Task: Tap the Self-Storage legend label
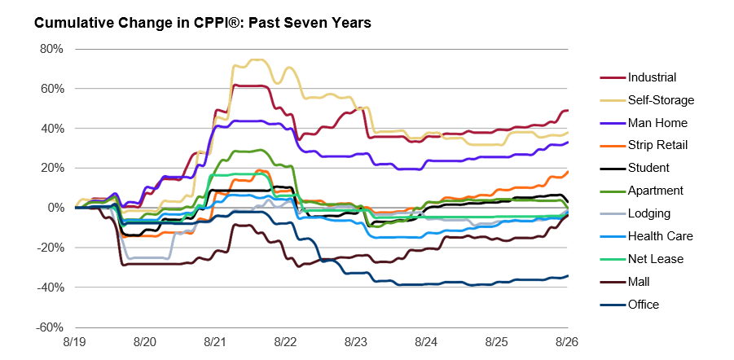661,100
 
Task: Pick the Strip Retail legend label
657,145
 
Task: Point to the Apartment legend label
655,191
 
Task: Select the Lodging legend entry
649,213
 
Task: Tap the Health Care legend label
660,236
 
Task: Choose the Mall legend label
639,281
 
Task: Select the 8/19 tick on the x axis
74,342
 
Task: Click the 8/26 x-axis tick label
568,342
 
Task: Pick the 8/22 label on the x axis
286,342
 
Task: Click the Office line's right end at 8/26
568,276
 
